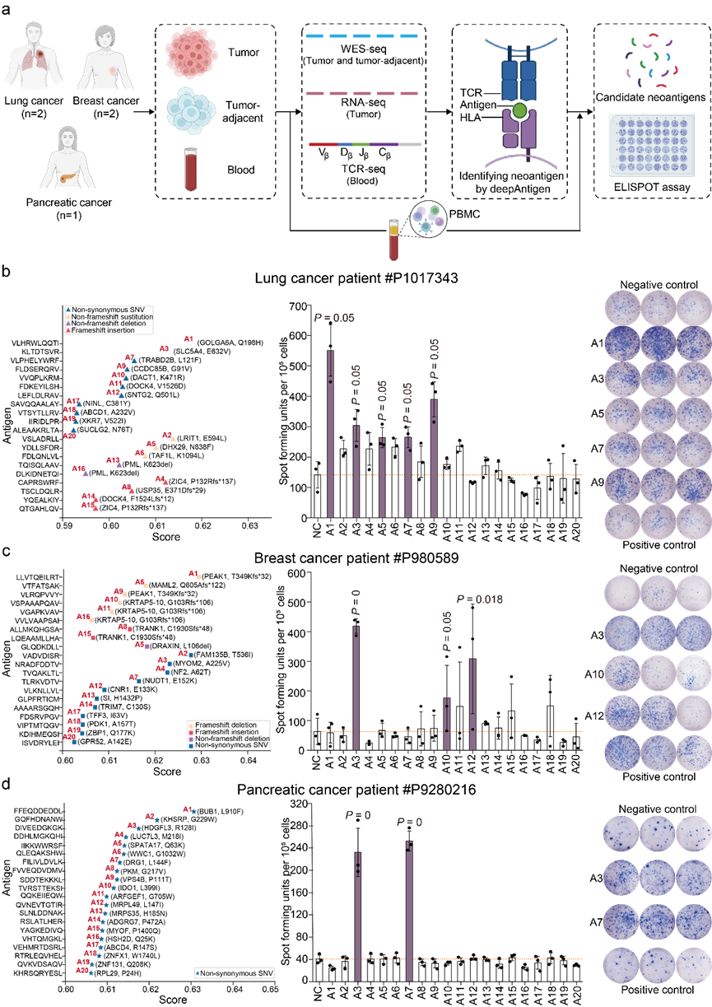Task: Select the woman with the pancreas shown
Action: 68,157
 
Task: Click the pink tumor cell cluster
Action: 191,50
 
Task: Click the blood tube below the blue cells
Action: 191,169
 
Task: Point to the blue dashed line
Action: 361,36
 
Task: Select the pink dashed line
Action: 361,94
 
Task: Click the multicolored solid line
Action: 365,144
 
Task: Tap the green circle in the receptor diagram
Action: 519,110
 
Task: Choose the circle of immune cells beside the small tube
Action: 428,220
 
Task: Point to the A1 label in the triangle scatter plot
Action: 188,338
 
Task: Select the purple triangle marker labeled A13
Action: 119,465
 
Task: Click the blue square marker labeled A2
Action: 191,655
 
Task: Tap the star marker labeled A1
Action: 193,811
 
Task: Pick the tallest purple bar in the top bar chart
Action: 330,433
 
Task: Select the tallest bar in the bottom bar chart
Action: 408,911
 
